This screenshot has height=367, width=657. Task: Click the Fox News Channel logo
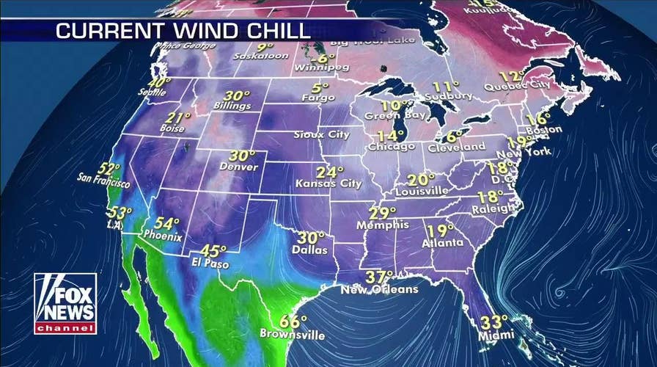tap(65, 303)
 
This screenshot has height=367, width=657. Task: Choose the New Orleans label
tap(379, 289)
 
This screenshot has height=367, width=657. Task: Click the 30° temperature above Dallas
tap(311, 239)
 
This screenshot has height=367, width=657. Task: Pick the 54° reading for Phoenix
tap(166, 224)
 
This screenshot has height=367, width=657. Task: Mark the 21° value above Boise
tap(177, 117)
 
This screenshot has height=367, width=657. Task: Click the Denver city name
tap(238, 167)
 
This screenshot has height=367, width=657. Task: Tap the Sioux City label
tap(320, 135)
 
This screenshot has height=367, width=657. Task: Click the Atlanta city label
tap(443, 243)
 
